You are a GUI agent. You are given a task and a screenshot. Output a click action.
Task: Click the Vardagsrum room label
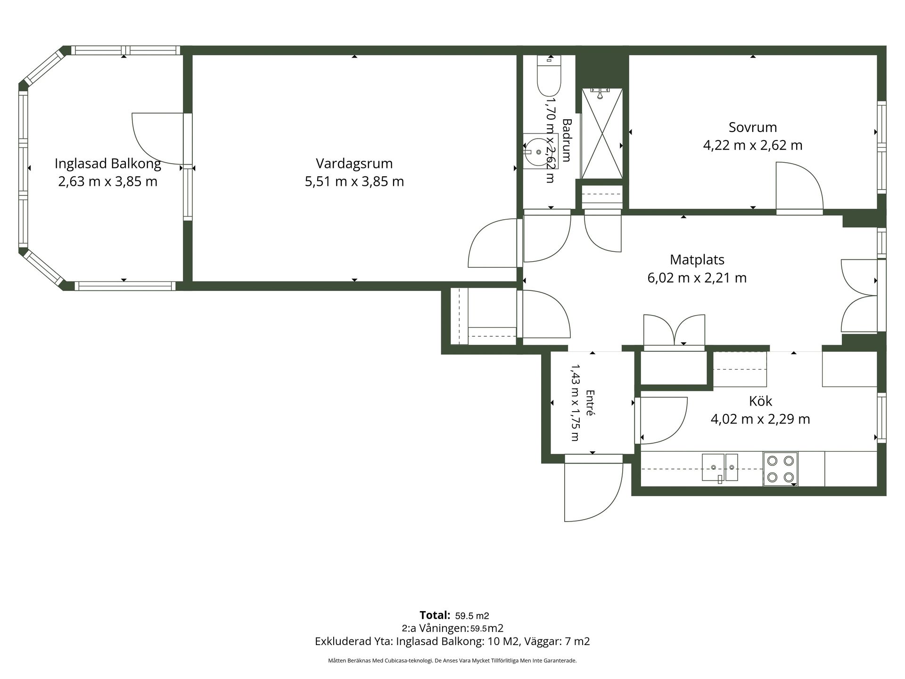click(354, 164)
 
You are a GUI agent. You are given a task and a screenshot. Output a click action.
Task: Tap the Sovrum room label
click(753, 127)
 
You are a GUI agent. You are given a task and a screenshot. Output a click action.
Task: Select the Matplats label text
click(697, 260)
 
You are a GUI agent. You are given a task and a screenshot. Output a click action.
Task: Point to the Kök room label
click(760, 401)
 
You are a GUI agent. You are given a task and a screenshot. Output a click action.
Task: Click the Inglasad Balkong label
click(108, 164)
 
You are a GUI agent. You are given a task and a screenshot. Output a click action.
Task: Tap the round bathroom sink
click(538, 152)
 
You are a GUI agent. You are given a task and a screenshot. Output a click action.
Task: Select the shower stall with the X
click(602, 133)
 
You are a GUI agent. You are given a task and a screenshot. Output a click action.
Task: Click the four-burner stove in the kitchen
click(780, 469)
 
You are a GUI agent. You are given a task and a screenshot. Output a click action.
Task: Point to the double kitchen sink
click(720, 467)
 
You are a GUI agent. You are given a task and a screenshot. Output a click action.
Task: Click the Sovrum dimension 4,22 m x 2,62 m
click(753, 145)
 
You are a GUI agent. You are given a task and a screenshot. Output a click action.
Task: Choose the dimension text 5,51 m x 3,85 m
click(354, 182)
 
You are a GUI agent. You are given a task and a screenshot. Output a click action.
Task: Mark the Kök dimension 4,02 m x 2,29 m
click(760, 419)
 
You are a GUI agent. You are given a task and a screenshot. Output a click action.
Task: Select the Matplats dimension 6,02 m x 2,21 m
click(697, 278)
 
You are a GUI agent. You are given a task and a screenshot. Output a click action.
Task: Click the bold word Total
click(435, 615)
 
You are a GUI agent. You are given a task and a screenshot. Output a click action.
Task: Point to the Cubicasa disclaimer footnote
click(452, 661)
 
